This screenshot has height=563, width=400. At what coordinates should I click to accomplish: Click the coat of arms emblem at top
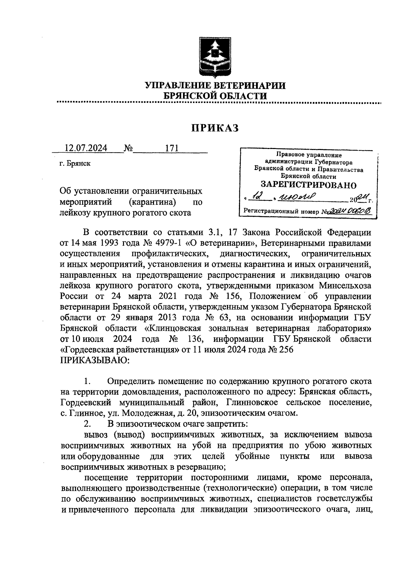click(215, 57)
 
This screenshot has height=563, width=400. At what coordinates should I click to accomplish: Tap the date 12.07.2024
click(86, 148)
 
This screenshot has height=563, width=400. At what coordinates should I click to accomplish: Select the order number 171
click(172, 148)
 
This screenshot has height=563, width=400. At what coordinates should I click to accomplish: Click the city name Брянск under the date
click(79, 164)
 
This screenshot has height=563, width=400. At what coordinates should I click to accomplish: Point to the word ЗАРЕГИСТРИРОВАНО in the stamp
click(308, 185)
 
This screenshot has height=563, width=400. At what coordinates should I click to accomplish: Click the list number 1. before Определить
click(88, 381)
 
